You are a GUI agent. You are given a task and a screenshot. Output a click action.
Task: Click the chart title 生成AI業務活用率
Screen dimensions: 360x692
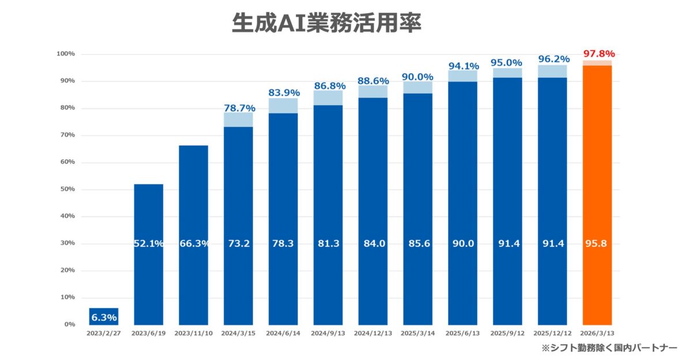[326, 22]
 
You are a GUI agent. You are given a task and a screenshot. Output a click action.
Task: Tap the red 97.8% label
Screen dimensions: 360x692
[597, 54]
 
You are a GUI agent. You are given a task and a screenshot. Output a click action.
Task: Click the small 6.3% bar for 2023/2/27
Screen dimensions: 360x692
[103, 317]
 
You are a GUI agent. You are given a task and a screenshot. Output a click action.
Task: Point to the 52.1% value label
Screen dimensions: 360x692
[148, 243]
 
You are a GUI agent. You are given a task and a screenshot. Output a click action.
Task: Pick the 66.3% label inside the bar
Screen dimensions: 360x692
[193, 243]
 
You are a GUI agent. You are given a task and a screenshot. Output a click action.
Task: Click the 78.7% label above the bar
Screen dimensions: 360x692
[239, 108]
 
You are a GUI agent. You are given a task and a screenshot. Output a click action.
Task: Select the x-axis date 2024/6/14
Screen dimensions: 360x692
[283, 333]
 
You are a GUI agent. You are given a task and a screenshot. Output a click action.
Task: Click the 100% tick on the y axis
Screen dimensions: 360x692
[66, 54]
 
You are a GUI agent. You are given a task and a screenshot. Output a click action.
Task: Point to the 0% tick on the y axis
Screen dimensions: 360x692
[69, 324]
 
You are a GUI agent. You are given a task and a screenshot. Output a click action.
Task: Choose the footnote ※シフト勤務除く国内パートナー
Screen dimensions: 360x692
[609, 348]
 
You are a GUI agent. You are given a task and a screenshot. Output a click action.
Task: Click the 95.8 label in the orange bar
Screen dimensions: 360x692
[597, 243]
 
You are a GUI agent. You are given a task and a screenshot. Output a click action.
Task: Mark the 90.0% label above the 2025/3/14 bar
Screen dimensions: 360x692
[418, 77]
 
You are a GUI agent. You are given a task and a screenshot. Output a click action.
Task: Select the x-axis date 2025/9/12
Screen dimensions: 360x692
[507, 333]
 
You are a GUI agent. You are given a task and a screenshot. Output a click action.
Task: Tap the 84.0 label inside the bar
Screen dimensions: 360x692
[373, 243]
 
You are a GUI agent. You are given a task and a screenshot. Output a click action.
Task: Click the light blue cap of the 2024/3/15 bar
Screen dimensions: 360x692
[238, 119]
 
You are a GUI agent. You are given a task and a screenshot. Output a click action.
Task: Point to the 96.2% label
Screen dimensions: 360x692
[553, 59]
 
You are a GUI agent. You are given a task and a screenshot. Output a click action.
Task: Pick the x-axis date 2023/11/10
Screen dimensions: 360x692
[193, 333]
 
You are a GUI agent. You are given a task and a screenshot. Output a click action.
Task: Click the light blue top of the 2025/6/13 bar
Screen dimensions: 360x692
[463, 76]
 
